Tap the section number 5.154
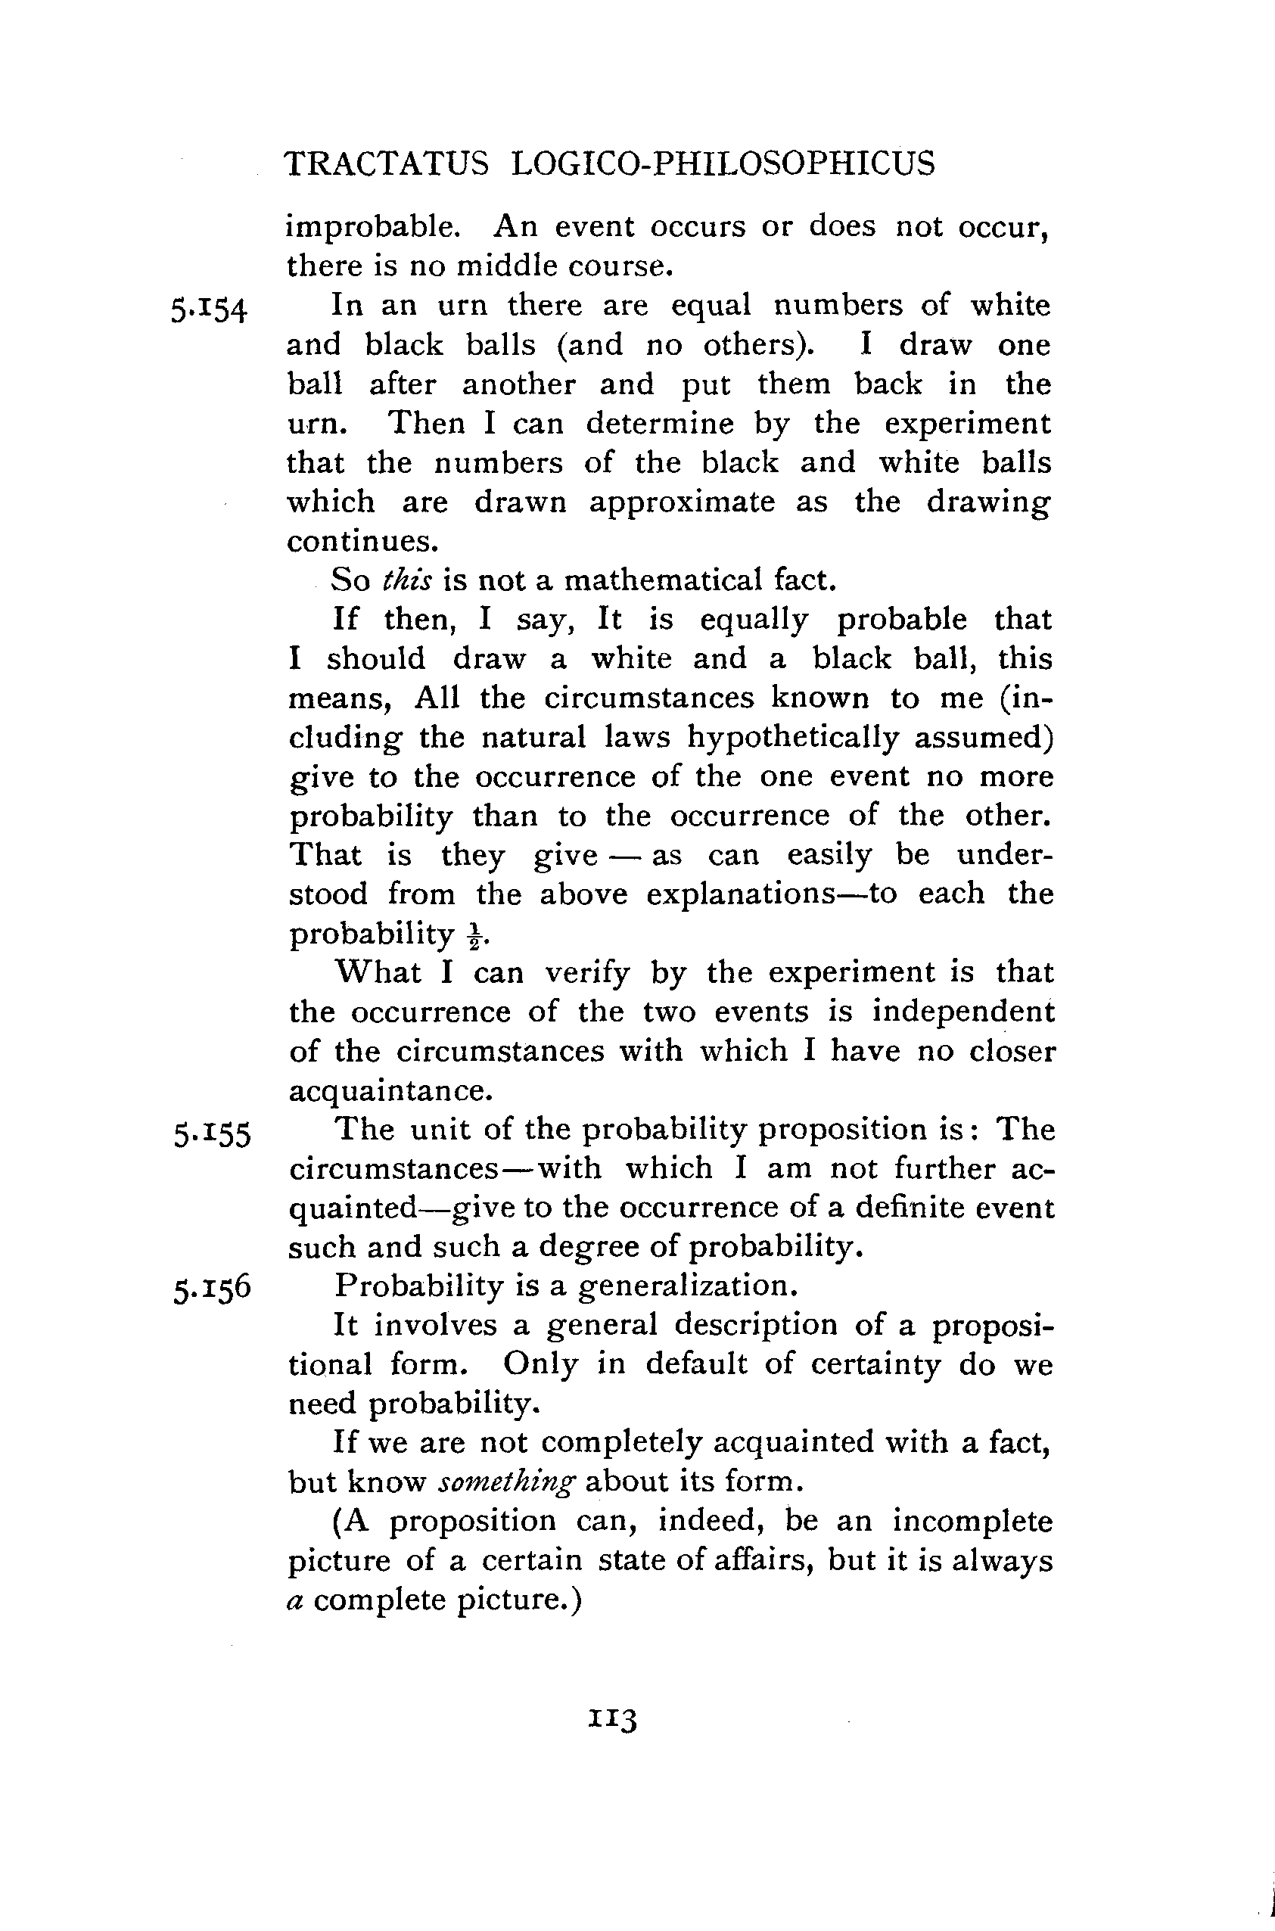point(208,310)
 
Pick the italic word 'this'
point(407,580)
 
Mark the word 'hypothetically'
point(796,739)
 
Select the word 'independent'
point(962,1012)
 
